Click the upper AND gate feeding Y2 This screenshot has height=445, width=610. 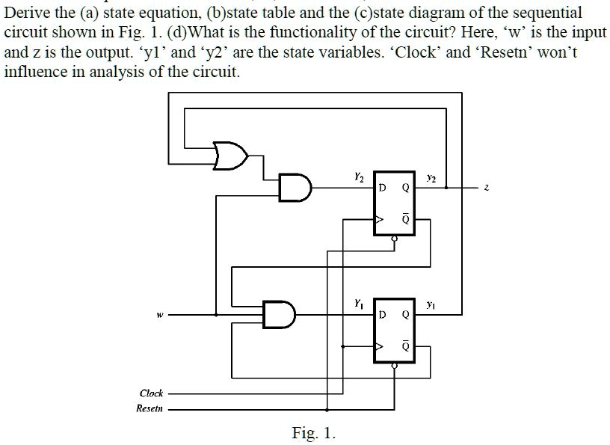(x=294, y=187)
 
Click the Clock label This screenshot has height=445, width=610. (x=151, y=393)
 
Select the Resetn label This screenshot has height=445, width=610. (x=150, y=408)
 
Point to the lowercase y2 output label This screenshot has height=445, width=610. (x=431, y=178)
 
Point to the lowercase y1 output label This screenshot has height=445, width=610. (x=431, y=305)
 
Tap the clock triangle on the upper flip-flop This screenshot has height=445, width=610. (x=379, y=221)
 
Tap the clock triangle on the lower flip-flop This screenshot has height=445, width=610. (x=379, y=347)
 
